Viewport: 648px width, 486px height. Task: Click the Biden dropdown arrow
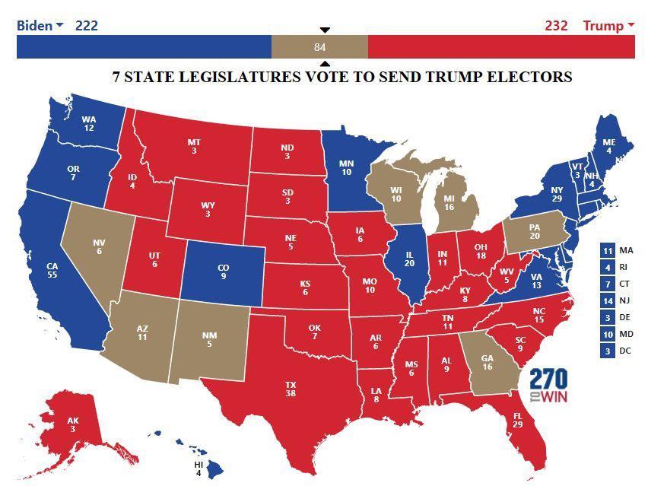tap(59, 26)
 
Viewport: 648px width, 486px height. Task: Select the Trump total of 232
tap(556, 25)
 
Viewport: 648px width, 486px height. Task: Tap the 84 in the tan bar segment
tap(319, 47)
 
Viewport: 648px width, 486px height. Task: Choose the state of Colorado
tap(223, 272)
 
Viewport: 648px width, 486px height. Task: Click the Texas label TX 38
tap(291, 389)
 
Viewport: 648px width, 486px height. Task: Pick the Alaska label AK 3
tap(73, 424)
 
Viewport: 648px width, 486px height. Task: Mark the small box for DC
tap(607, 351)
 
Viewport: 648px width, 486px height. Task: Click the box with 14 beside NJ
tap(607, 300)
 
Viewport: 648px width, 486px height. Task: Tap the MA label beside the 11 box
tap(626, 250)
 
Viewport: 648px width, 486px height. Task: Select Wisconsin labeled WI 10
tap(395, 194)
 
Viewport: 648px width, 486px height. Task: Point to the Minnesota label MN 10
tap(346, 167)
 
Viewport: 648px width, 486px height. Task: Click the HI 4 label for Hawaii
tap(199, 469)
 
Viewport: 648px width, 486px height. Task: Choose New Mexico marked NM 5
tap(209, 338)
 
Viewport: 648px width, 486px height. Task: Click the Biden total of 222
tap(86, 25)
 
